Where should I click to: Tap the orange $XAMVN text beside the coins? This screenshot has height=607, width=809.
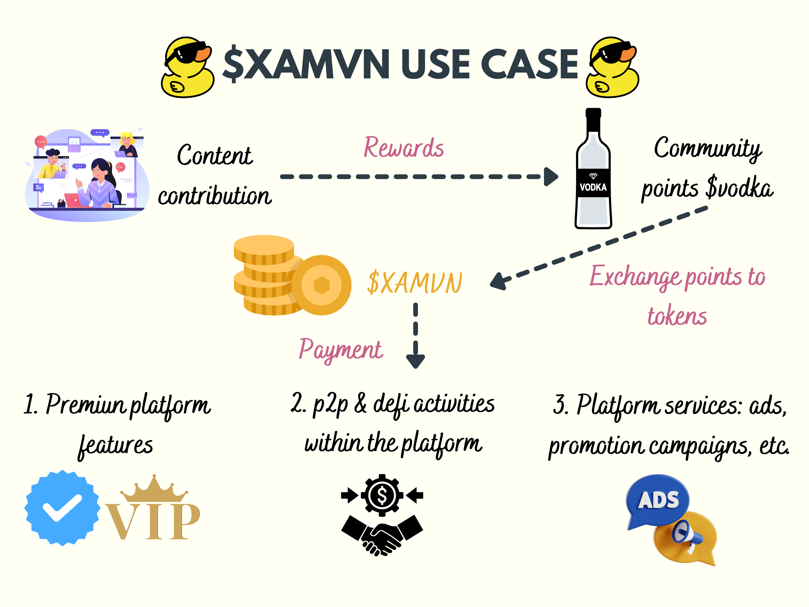click(415, 283)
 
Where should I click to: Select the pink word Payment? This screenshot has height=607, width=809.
click(341, 350)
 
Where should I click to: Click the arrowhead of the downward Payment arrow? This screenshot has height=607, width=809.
click(415, 361)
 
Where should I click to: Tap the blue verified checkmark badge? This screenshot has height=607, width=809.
click(62, 508)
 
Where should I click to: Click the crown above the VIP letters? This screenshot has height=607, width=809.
click(154, 488)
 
